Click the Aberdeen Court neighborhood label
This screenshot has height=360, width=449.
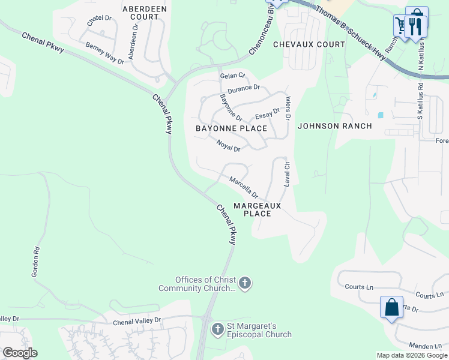(140, 13)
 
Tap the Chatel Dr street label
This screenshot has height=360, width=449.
(100, 22)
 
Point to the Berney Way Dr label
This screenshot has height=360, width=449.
(104, 53)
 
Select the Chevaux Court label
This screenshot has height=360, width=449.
(309, 44)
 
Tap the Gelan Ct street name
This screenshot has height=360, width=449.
(233, 76)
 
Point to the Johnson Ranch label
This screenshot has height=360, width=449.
(335, 126)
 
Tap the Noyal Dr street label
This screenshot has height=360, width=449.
(228, 145)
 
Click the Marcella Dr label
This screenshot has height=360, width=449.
(243, 187)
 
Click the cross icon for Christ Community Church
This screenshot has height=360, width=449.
(244, 283)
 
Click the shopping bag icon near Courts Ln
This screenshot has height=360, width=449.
(391, 307)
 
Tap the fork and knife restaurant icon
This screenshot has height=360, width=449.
(417, 26)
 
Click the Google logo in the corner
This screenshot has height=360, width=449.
(20, 353)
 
